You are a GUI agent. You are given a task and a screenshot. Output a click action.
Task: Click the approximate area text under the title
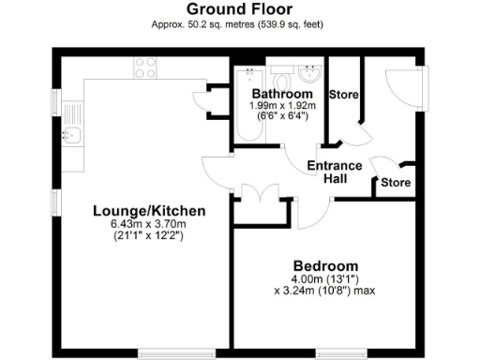pyautogui.click(x=239, y=24)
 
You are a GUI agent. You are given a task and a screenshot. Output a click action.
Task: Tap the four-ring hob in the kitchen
pyautogui.click(x=145, y=67)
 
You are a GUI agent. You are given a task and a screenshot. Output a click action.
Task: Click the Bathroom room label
pyautogui.click(x=282, y=95)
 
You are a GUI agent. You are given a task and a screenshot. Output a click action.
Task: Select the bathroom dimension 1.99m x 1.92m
pyautogui.click(x=282, y=106)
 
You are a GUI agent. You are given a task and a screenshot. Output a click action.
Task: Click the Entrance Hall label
pyautogui.click(x=335, y=172)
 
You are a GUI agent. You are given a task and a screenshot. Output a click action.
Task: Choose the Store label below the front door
pyautogui.click(x=395, y=182)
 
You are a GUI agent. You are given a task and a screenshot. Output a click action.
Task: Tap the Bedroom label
pyautogui.click(x=324, y=264)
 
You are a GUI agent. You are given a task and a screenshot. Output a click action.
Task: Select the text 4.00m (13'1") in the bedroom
pyautogui.click(x=324, y=277)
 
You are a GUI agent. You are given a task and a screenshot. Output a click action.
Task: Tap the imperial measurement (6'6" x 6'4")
pyautogui.click(x=282, y=117)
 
